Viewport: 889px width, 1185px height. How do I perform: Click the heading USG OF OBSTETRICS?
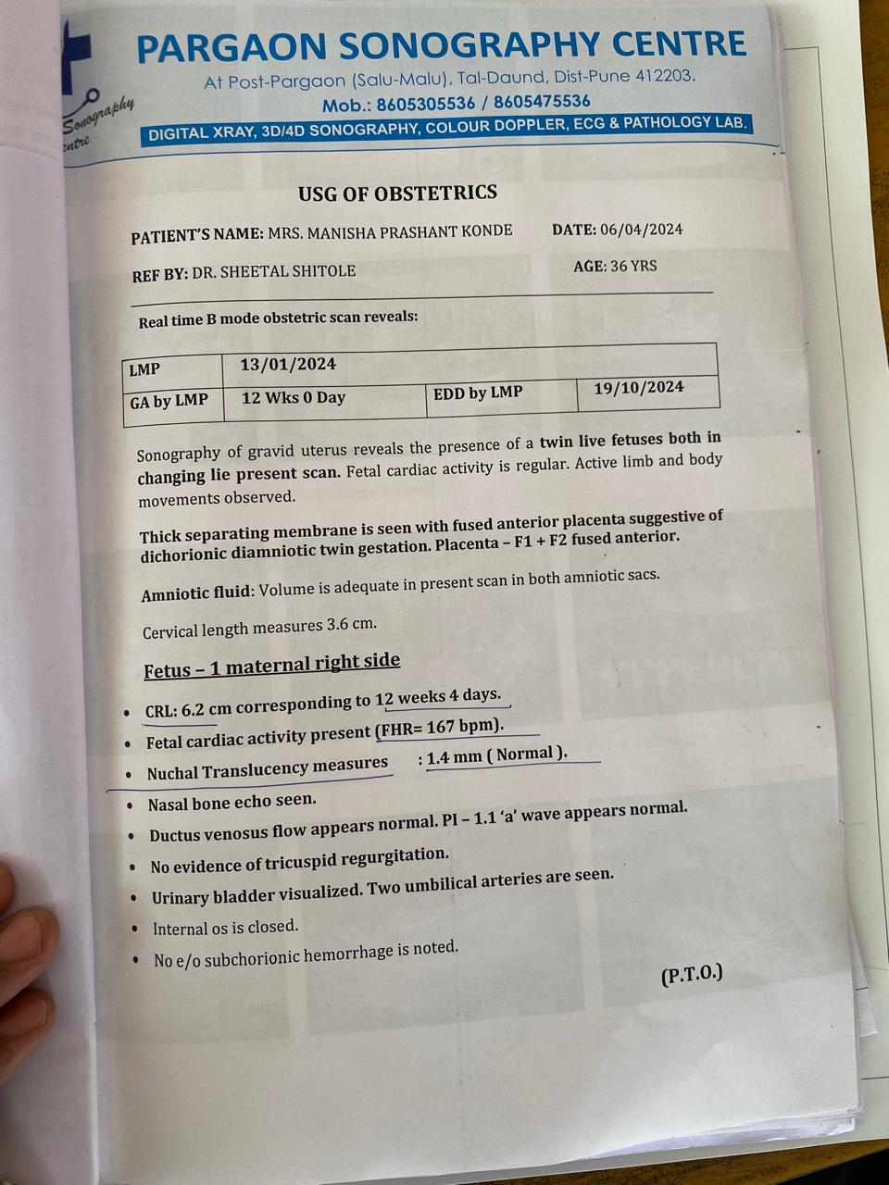pos(397,193)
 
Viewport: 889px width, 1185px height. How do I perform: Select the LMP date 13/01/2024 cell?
pos(288,365)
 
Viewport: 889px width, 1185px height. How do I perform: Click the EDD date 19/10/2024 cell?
pos(639,388)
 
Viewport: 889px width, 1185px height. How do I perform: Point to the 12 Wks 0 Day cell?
pos(293,398)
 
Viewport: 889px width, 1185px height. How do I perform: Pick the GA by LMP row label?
pos(169,402)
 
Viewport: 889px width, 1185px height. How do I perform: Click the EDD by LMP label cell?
pos(478,393)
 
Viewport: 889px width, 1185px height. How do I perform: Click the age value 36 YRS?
pos(633,266)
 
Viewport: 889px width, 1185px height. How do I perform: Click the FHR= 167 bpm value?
pos(441,728)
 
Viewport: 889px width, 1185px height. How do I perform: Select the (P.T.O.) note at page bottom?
pos(691,975)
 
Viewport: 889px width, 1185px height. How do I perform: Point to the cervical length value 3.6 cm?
pos(351,625)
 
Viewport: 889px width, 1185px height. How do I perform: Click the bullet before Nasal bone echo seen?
pos(129,805)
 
